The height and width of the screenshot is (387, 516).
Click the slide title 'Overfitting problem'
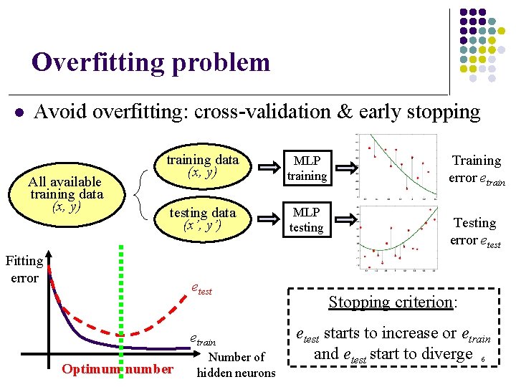coord(150,62)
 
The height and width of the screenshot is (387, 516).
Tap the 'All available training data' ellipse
coord(66,193)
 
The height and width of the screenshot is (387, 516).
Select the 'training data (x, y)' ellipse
coord(202,166)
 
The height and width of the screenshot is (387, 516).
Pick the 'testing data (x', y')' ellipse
coord(202,219)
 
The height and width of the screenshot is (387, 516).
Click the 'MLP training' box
coord(307,168)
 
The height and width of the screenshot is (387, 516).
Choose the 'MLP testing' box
coord(307,220)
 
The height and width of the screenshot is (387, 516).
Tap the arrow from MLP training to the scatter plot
coord(346,168)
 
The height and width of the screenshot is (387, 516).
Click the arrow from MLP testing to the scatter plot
coord(346,219)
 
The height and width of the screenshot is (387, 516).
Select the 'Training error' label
coord(476,169)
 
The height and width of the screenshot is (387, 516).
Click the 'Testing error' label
coord(474,231)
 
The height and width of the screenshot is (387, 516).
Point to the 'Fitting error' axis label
coord(24,269)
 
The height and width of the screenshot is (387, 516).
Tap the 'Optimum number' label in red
coord(118,369)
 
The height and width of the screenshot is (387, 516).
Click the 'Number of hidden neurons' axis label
coord(236,365)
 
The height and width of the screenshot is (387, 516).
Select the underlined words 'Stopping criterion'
coord(391,302)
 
